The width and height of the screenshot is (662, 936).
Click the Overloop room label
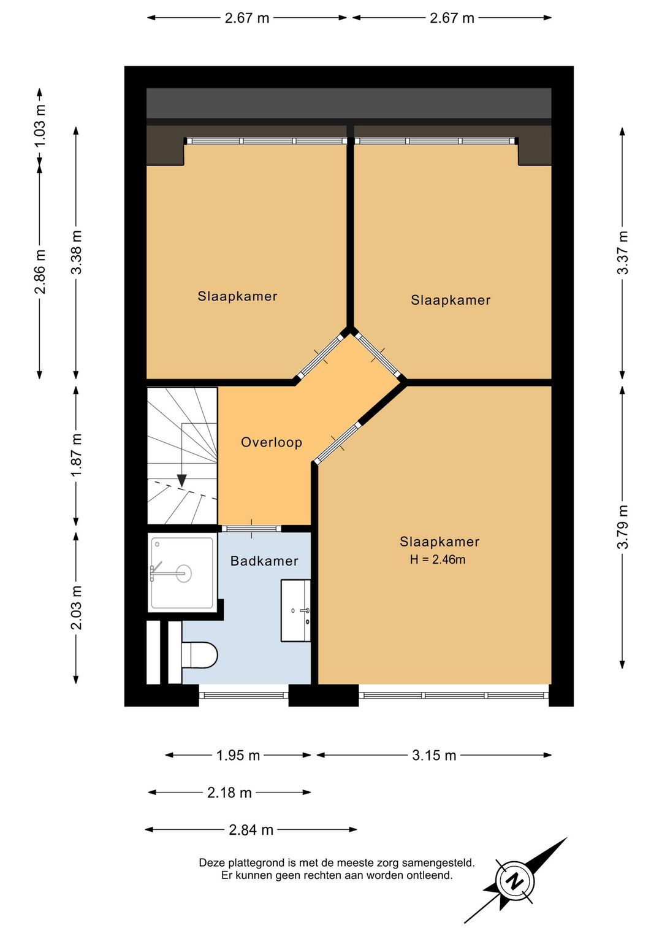[x=272, y=442]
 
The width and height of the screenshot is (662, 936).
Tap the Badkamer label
[x=264, y=561]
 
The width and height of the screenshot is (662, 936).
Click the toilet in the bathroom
[x=200, y=654]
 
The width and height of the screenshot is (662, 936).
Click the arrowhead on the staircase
[x=181, y=480]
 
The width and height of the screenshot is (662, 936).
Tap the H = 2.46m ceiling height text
[x=438, y=559]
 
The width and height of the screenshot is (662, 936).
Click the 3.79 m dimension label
[x=623, y=527]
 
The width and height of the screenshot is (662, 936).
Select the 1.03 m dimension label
[x=40, y=125]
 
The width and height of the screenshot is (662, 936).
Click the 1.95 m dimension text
[x=238, y=756]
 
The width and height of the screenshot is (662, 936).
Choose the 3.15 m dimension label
[x=434, y=756]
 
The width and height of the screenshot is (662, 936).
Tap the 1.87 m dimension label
[x=77, y=455]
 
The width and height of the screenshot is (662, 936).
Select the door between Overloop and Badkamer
[x=251, y=529]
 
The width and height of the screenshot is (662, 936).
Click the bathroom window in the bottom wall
[x=243, y=696]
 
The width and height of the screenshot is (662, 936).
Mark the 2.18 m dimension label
[x=229, y=792]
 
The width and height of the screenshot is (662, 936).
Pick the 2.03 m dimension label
[x=77, y=608]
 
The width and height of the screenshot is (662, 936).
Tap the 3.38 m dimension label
[x=77, y=252]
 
